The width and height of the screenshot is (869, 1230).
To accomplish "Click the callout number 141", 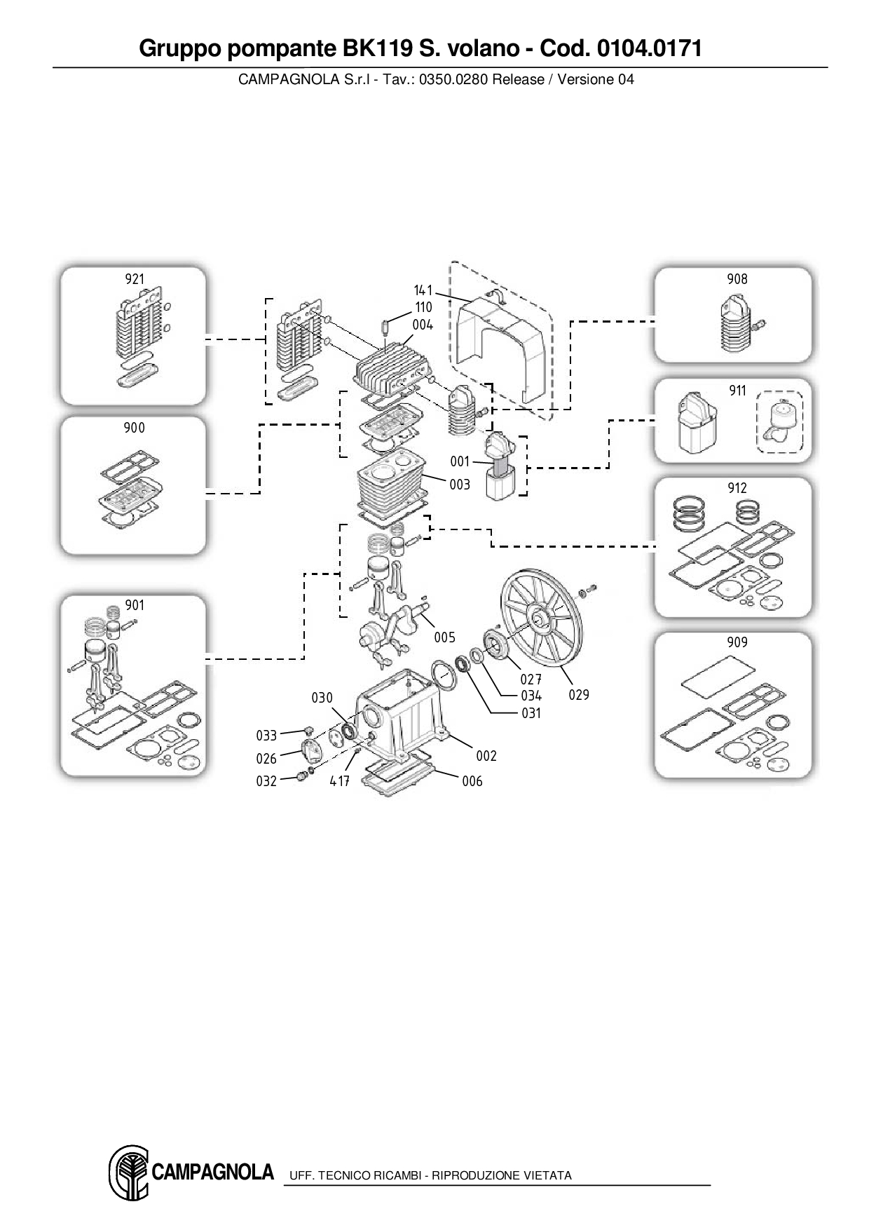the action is (x=423, y=290).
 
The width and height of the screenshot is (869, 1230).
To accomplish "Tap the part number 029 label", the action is (x=579, y=695).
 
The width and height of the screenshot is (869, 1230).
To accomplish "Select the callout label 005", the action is (x=444, y=637).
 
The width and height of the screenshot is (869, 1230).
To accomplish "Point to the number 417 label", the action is (x=340, y=780).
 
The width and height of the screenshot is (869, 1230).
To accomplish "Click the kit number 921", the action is (x=135, y=279).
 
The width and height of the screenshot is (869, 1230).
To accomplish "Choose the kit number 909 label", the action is (x=737, y=642).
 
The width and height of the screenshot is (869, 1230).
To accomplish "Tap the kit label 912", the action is (x=737, y=488).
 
